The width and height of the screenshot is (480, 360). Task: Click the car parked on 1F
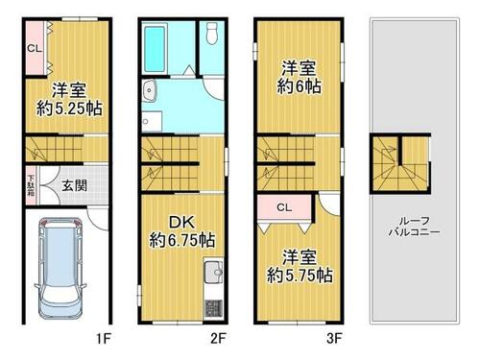[x=60, y=268]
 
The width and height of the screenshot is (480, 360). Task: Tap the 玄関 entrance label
[x=74, y=185]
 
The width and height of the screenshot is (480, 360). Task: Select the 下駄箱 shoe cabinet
[x=31, y=185]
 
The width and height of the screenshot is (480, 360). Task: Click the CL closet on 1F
[x=35, y=48]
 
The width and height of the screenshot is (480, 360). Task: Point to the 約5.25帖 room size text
[x=69, y=109]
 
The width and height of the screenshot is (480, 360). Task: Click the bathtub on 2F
[x=155, y=49]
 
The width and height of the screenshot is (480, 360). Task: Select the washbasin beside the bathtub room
[x=150, y=90]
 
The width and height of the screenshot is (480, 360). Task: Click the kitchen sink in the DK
[x=213, y=272]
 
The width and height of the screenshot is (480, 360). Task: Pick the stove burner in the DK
[x=213, y=308]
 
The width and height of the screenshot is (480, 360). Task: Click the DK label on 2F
[x=181, y=222]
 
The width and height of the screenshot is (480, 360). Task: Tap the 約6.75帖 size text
[x=181, y=240]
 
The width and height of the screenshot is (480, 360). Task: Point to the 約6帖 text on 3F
[x=299, y=86]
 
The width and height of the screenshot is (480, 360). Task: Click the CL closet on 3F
[x=285, y=207]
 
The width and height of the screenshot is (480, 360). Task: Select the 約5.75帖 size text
[x=300, y=276]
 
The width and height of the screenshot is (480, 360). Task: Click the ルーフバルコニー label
[x=414, y=227]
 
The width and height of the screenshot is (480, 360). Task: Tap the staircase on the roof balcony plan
[x=400, y=163]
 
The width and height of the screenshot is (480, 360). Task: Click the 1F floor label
[x=104, y=339]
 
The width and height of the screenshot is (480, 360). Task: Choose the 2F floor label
[x=219, y=339]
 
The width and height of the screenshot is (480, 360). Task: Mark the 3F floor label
[x=334, y=339]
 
